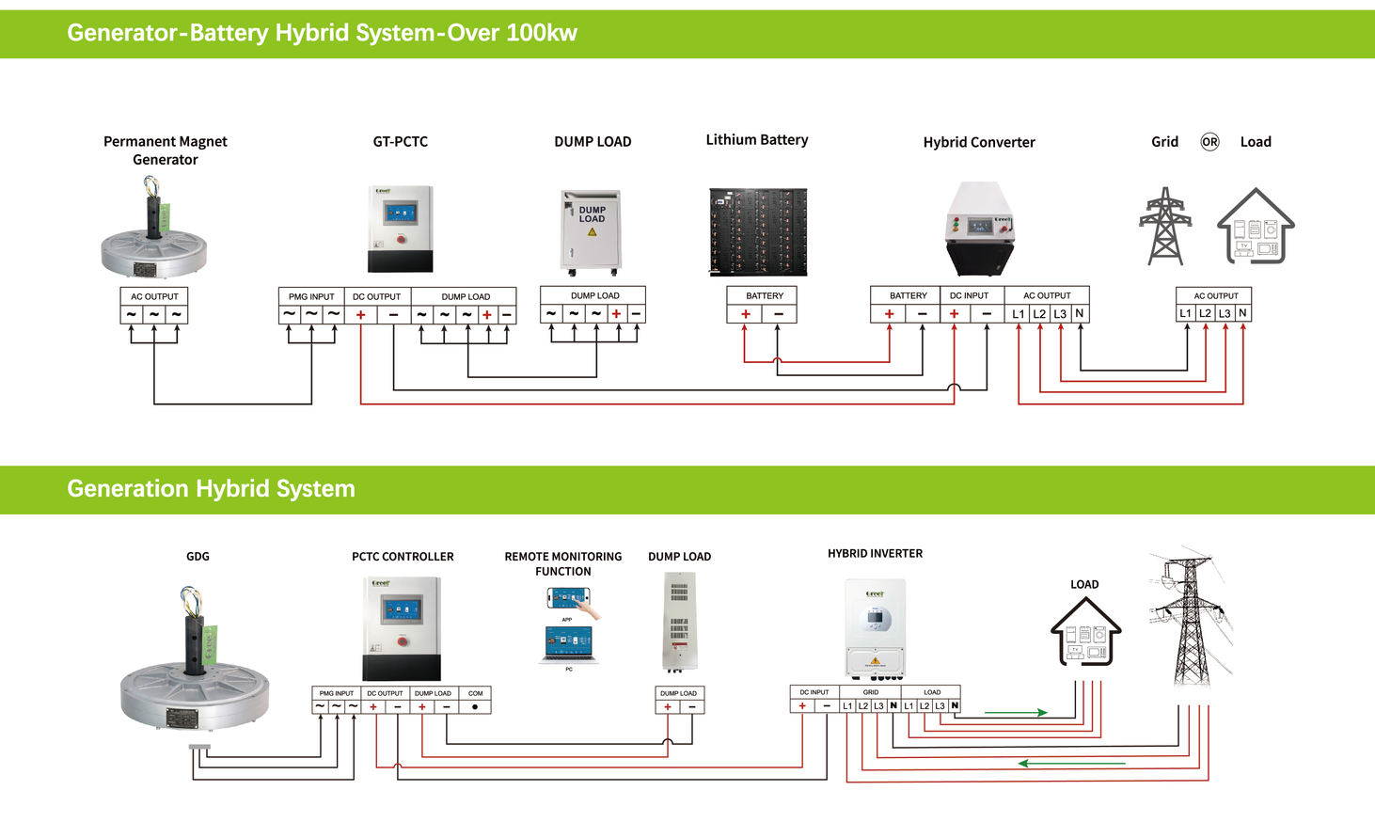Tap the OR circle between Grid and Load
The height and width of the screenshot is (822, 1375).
1209,142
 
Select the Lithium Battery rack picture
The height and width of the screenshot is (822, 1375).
757,231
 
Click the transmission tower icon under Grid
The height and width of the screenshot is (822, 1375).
1164,226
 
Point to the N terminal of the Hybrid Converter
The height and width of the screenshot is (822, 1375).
1079,314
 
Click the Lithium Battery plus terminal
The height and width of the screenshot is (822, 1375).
745,314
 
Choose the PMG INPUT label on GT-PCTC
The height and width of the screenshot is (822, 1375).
311,296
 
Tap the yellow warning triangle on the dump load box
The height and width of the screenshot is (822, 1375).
593,231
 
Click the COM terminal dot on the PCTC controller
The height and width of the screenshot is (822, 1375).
475,706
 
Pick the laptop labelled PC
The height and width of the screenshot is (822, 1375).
568,645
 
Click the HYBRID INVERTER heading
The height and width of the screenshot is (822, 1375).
875,554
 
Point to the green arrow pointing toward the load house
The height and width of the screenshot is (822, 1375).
1016,713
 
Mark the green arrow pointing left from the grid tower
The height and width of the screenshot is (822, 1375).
1072,763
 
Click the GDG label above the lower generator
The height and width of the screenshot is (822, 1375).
198,557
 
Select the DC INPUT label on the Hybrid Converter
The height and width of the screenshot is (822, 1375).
969,295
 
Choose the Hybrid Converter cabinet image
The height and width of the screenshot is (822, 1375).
979,229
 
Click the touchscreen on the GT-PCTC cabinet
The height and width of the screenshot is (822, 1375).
400,213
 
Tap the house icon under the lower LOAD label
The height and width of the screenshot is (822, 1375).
1085,631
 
